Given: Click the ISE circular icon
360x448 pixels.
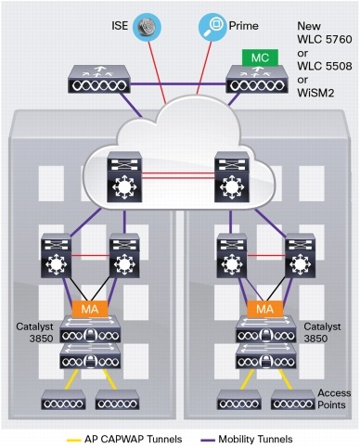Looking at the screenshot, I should (147, 25).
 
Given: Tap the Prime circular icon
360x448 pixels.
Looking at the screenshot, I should (213, 25).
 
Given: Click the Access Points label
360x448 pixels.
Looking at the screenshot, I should (334, 397).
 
